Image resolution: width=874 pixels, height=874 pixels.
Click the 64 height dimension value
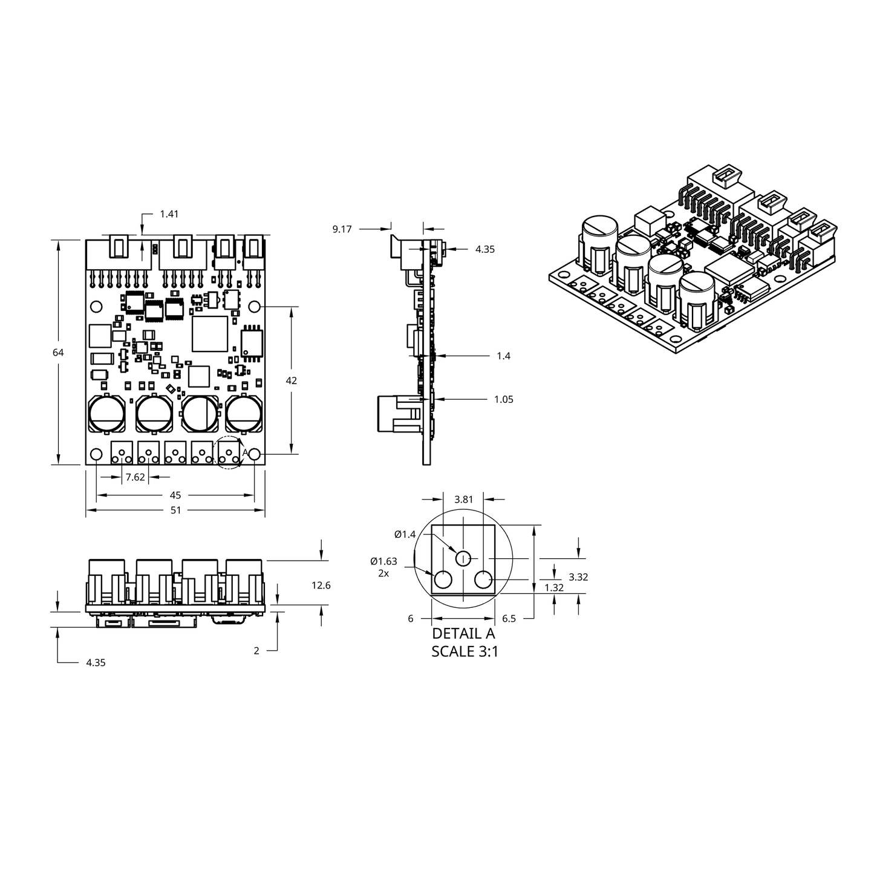[x=58, y=353]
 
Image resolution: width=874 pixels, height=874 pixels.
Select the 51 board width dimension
[x=175, y=510]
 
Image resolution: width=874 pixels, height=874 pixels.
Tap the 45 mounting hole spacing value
[x=175, y=495]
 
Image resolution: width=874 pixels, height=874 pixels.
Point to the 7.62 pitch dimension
[x=135, y=477]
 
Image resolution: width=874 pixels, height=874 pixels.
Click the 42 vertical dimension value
[x=291, y=380]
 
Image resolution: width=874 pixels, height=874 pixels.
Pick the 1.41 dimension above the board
[x=169, y=214]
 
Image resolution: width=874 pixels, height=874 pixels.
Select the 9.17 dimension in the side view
[x=342, y=229]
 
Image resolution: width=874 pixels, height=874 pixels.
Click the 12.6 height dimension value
[x=321, y=585]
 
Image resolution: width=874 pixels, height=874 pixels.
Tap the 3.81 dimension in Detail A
[x=463, y=500]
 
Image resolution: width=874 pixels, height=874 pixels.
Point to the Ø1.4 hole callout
[x=405, y=534]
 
